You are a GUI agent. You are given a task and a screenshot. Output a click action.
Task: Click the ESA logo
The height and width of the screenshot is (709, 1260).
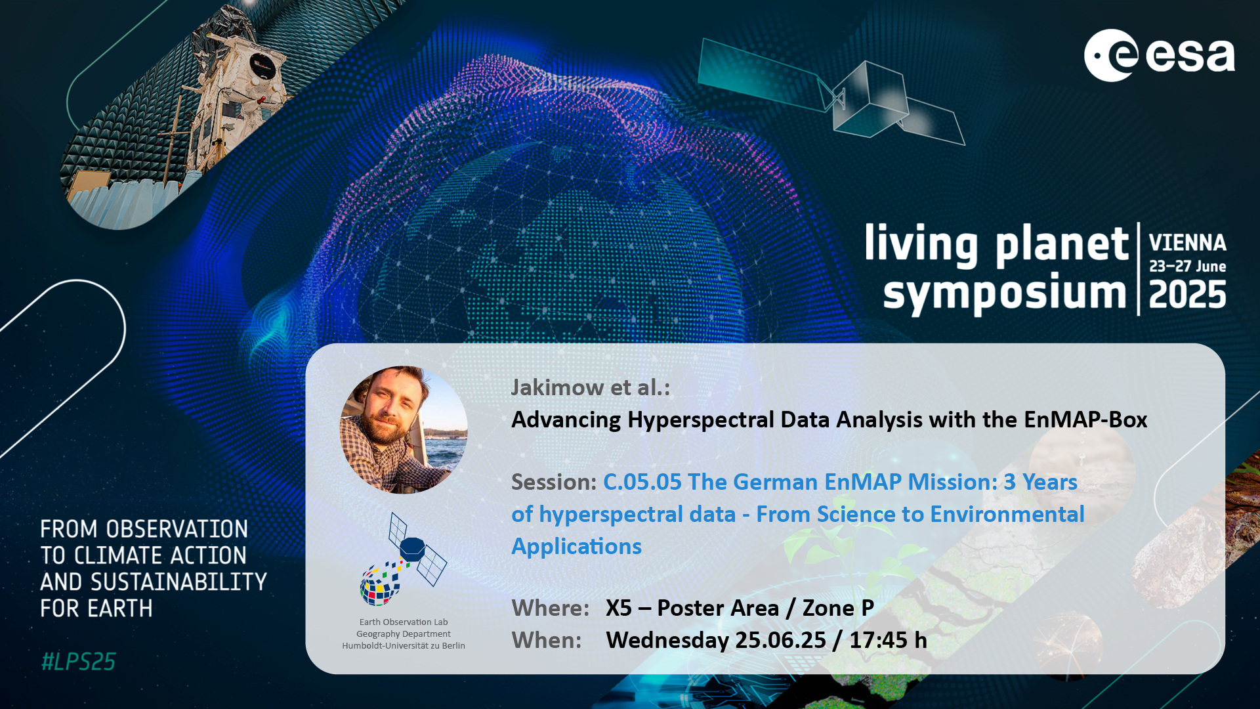click(1159, 55)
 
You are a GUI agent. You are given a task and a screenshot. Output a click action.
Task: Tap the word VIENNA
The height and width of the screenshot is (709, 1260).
click(1187, 243)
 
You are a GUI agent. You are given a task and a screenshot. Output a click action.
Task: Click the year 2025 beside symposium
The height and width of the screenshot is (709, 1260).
click(1187, 294)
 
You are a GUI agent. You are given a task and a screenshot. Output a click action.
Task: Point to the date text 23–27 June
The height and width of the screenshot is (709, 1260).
click(1187, 267)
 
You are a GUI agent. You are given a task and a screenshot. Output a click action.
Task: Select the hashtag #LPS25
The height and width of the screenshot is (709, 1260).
click(78, 662)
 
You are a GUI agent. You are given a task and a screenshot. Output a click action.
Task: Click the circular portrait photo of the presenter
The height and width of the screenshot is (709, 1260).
click(404, 429)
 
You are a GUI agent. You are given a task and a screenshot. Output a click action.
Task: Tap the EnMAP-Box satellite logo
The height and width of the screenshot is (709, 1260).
click(403, 559)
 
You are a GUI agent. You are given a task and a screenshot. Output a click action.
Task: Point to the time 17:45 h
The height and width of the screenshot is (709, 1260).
click(889, 640)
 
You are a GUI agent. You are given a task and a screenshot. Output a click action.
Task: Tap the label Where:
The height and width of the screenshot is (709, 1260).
click(550, 608)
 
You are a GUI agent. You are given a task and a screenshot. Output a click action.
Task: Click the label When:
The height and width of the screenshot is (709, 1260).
click(546, 640)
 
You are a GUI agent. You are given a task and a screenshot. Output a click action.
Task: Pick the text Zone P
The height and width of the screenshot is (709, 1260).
click(838, 608)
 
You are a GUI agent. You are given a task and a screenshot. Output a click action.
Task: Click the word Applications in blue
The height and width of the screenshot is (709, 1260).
click(576, 547)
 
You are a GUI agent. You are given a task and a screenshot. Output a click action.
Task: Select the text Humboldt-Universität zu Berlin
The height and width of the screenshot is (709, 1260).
click(404, 646)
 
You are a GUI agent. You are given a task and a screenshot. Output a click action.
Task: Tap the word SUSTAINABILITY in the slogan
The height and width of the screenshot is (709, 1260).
click(178, 582)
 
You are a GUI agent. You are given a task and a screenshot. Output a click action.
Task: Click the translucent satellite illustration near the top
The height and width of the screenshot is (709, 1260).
click(831, 92)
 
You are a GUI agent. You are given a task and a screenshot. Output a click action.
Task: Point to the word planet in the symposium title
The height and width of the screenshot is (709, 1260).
click(1062, 246)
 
